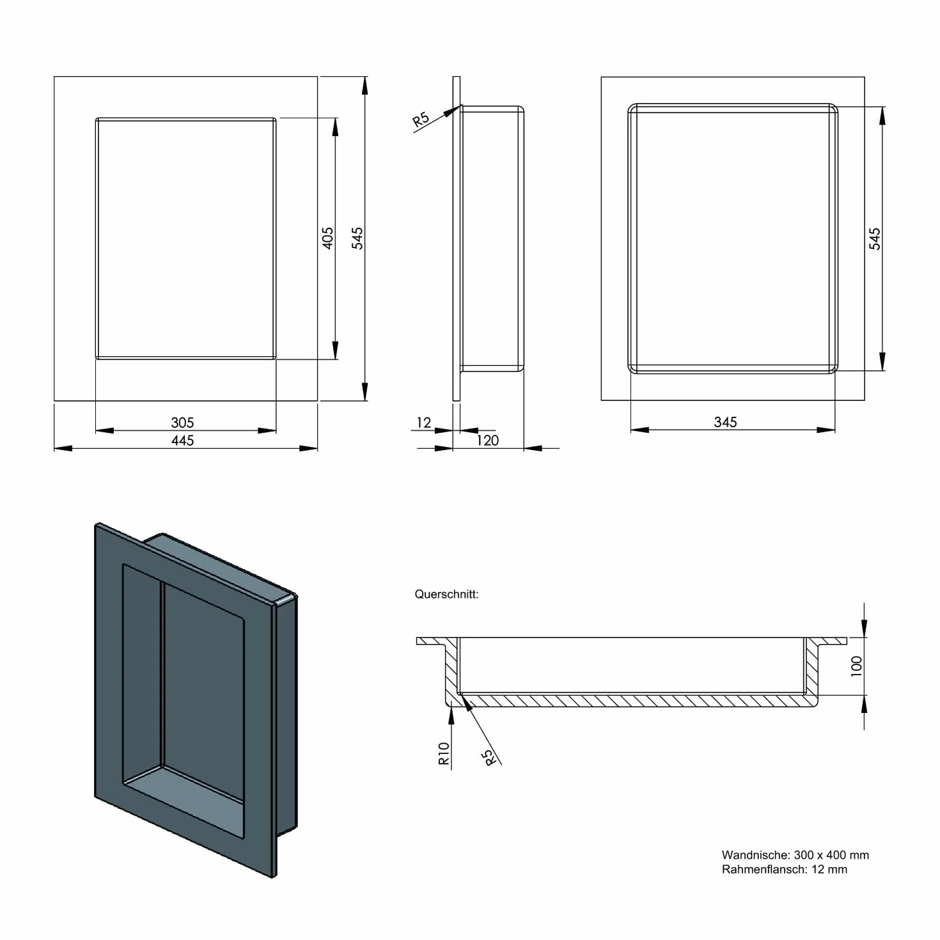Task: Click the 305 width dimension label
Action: coord(182,422)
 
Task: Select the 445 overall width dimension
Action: coord(182,440)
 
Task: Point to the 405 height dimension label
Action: coord(328,238)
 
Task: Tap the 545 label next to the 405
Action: coord(357,238)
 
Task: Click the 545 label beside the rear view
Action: coord(875,239)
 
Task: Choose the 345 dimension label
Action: coord(725,422)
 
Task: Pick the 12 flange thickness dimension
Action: coord(423,422)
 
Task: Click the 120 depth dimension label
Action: coord(487,440)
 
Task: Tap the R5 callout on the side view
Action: coord(421,119)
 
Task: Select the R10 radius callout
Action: coord(443,753)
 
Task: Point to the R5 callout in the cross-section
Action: coord(489,758)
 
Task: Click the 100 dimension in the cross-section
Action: coord(856,666)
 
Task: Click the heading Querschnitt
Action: coord(446,594)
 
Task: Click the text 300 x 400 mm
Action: coord(832,855)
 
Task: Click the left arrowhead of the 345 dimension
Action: coord(639,430)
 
